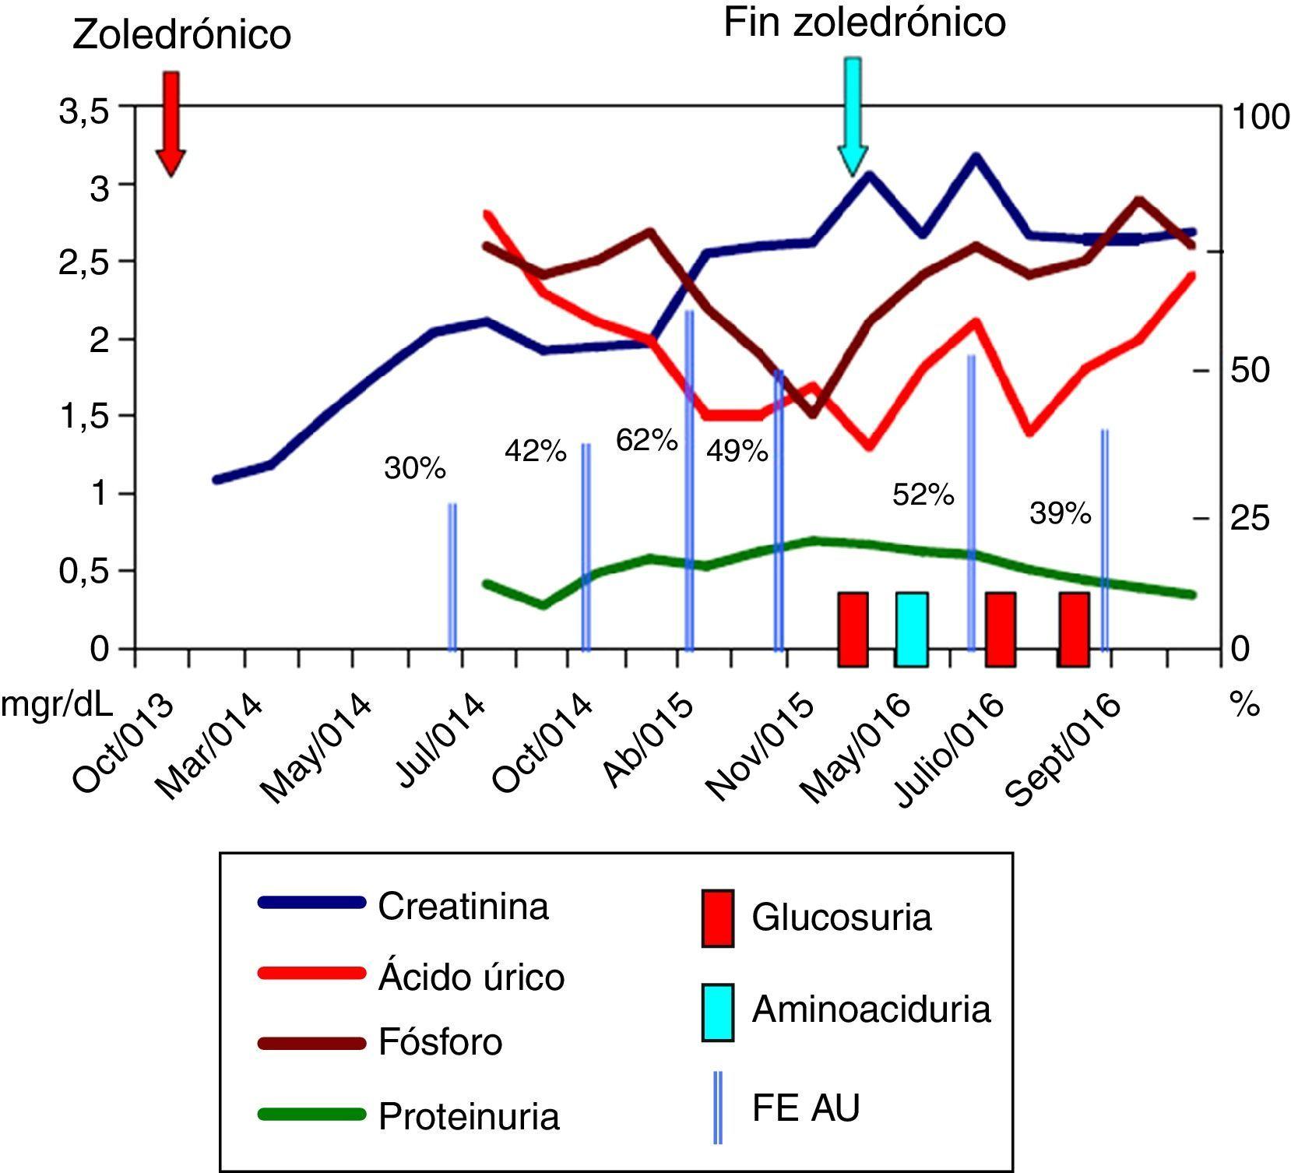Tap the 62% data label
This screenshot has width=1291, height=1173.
coord(646,441)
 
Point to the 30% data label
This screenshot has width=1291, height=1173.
coord(415,469)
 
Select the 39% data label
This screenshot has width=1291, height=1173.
coord(1060,513)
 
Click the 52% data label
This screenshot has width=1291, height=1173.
coord(923,495)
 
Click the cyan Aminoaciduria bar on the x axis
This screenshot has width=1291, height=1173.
coord(911,629)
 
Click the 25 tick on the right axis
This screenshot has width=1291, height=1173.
coord(1249,519)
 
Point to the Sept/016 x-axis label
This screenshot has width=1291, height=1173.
coord(1064,749)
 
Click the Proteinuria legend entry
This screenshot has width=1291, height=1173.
coord(468,1116)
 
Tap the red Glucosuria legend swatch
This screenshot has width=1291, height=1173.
coord(717,918)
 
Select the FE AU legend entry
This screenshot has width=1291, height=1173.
coord(805,1107)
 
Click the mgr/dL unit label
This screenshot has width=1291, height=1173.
coord(57,705)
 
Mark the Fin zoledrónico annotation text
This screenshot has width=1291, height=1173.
coord(864,23)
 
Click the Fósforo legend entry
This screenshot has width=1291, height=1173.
coord(440,1042)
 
